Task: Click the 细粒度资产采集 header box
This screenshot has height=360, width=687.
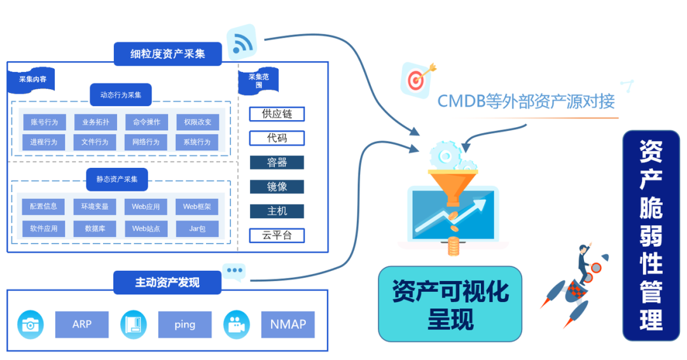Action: [168, 54]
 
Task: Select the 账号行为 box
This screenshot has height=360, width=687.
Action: [44, 122]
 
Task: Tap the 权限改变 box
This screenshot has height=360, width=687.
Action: [197, 122]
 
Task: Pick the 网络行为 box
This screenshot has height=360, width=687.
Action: [146, 142]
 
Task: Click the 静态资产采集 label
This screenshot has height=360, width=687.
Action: [121, 179]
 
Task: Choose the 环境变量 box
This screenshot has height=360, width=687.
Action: [95, 206]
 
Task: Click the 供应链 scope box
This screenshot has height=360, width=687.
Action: [277, 114]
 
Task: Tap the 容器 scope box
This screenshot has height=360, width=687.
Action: [277, 162]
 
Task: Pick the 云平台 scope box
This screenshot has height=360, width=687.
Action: [277, 235]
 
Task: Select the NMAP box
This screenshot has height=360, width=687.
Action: [288, 324]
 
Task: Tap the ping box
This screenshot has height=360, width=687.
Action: [184, 324]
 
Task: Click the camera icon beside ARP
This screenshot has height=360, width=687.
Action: [29, 324]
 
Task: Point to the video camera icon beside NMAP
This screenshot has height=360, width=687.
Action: [236, 324]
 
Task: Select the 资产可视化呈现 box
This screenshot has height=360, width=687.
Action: [450, 304]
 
